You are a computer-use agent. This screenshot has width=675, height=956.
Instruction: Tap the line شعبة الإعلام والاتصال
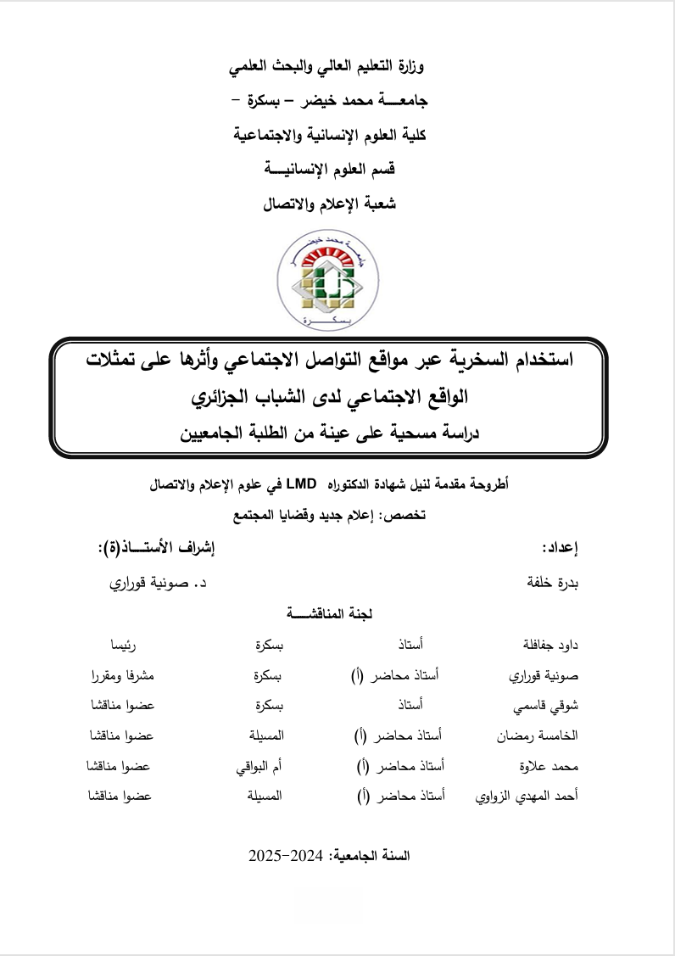328,204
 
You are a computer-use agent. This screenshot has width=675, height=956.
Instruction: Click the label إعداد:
560,549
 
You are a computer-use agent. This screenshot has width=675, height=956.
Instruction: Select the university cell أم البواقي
259,767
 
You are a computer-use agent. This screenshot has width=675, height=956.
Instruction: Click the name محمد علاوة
549,767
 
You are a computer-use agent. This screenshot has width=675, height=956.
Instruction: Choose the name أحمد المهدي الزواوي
524,797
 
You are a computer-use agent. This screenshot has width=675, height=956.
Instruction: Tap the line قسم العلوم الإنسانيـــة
327,169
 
